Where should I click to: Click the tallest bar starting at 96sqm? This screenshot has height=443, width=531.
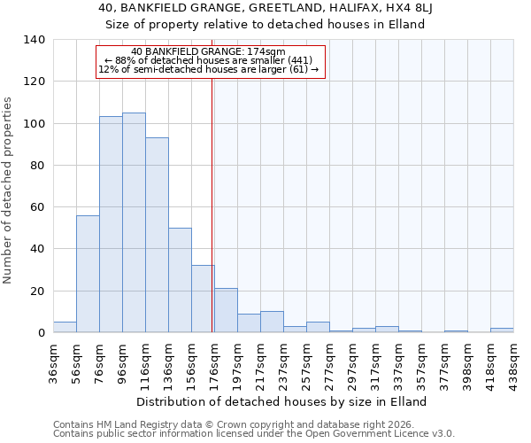(x=134, y=222)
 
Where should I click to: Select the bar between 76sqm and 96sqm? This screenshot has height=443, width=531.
(x=111, y=224)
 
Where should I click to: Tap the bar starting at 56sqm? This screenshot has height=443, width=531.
(x=88, y=274)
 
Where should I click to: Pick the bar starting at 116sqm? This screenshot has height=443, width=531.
(x=157, y=235)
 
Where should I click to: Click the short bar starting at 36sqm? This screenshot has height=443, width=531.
(x=65, y=327)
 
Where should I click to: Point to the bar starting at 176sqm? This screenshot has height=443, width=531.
(x=226, y=310)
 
